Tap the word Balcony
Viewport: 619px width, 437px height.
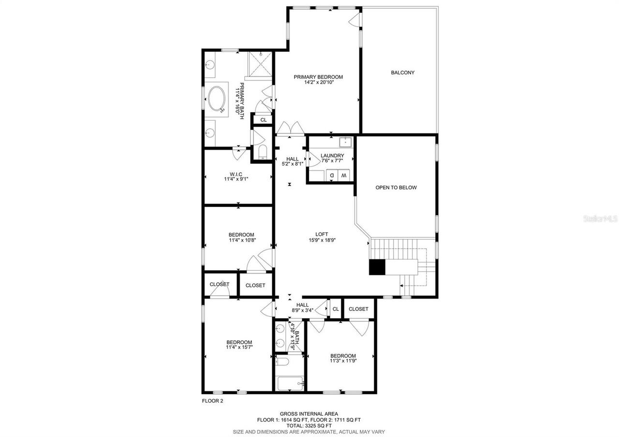coord(402,73)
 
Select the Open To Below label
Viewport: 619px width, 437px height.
coord(396,188)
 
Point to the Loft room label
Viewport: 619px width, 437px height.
coord(322,234)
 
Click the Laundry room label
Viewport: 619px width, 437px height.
coord(332,156)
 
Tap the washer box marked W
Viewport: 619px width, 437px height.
coord(344,175)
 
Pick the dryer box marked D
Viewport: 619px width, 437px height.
coord(332,175)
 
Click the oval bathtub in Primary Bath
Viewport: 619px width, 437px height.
coord(216,99)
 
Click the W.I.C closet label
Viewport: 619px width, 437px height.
coord(236,174)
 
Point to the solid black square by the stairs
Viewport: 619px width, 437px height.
coord(377,268)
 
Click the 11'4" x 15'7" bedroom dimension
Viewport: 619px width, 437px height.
coord(239,347)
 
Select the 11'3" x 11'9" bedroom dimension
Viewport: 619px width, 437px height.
coord(343,361)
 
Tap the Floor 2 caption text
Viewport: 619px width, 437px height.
coord(212,401)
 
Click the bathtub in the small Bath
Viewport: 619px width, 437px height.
coord(291,384)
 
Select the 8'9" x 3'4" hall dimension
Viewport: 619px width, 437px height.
coord(303,310)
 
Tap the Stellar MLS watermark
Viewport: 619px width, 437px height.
coord(600,219)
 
